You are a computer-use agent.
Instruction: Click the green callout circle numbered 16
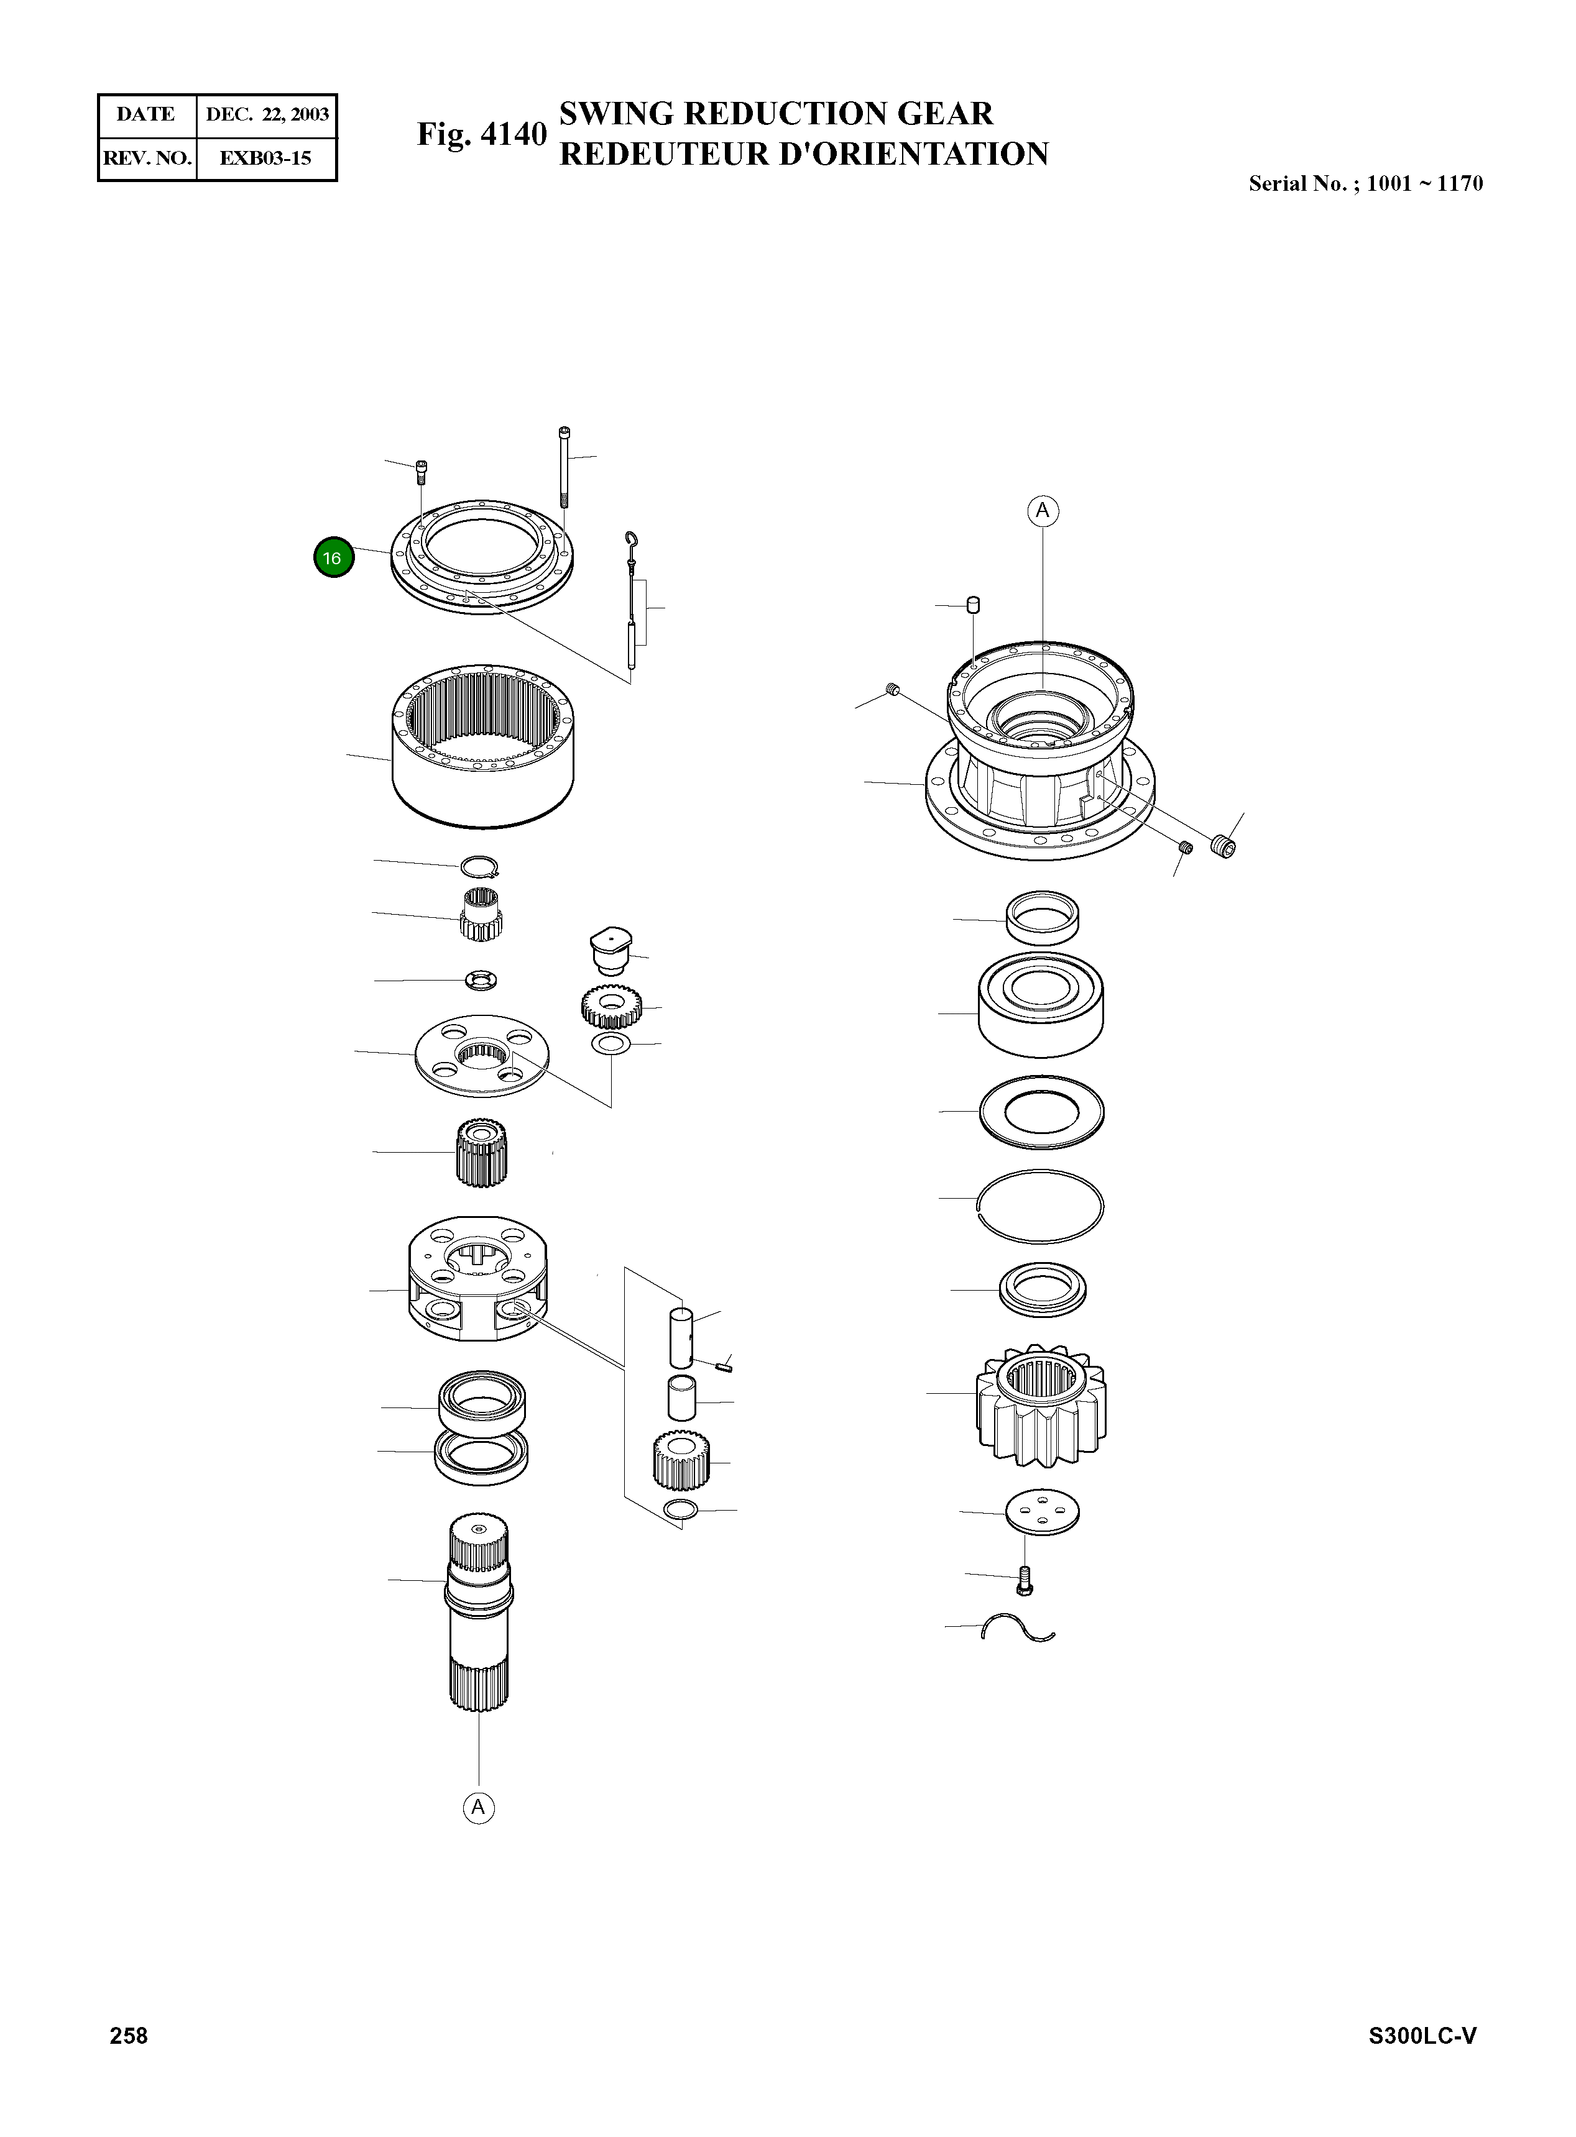[333, 558]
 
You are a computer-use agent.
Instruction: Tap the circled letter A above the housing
[1042, 511]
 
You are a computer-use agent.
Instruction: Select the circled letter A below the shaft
[479, 1807]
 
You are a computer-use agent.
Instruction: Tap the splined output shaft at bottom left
[479, 1611]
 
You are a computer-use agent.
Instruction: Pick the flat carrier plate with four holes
[482, 1056]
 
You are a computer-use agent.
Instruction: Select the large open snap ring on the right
[1041, 1206]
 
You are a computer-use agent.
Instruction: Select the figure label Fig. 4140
[482, 134]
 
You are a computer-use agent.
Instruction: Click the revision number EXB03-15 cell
[265, 158]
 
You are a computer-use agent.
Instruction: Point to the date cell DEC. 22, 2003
[266, 114]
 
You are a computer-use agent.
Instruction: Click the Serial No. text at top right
[1365, 183]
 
